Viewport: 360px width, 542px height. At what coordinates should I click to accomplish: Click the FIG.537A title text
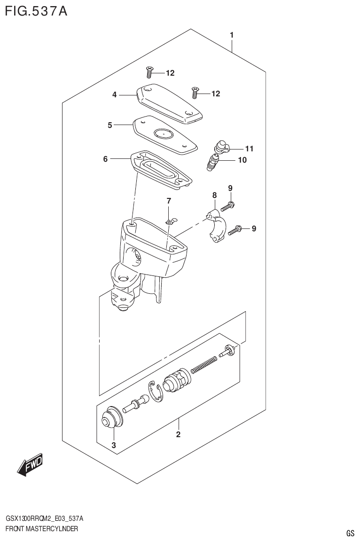36,11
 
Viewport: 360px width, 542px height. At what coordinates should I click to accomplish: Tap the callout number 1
232,35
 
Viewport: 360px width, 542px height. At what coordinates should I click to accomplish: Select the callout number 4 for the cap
114,95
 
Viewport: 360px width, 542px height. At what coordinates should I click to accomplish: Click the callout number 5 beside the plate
110,125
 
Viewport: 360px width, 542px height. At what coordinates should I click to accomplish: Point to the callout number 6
105,159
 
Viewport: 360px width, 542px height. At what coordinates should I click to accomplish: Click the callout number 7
169,201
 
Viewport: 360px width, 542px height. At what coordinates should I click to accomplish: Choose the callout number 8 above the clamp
214,195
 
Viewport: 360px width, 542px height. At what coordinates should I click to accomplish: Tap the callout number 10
242,160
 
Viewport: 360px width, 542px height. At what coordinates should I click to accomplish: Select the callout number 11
249,149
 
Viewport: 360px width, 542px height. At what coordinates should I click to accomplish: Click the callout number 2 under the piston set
178,434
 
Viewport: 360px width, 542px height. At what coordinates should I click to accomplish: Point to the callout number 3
113,445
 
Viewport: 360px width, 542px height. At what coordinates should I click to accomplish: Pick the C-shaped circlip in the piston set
155,392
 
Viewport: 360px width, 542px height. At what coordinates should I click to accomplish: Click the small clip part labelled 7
172,221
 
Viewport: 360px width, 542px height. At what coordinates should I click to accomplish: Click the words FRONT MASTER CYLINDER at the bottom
42,529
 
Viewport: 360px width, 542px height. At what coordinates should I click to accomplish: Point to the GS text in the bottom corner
350,533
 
